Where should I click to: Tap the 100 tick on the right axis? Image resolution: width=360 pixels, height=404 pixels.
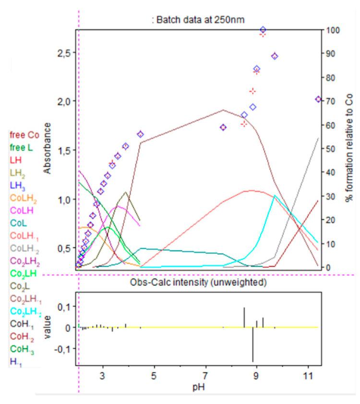[x=334, y=30]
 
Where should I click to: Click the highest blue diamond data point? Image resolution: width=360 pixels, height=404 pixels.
[x=263, y=30]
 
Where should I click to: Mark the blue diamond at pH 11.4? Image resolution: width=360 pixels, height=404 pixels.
[x=318, y=99]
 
